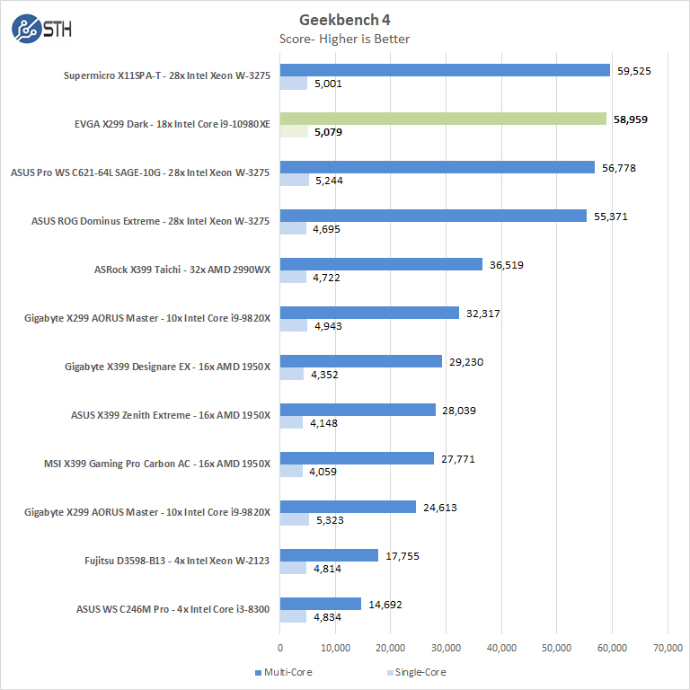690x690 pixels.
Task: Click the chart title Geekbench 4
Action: pos(345,20)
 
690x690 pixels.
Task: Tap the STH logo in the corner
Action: pos(41,29)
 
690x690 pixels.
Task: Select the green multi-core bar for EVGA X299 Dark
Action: pos(443,119)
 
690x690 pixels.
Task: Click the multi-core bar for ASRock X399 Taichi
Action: pos(381,264)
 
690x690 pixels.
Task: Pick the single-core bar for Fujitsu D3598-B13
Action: pos(293,569)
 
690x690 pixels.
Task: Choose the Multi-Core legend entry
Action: pos(283,672)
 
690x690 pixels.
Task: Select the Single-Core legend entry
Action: pos(414,672)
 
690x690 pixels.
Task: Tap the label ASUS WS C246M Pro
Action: pos(173,610)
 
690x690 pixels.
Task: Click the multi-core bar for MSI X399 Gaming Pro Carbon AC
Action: pos(357,458)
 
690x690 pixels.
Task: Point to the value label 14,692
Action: pos(385,604)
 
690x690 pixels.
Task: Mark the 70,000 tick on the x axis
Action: pos(667,647)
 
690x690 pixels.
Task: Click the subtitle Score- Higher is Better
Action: pos(345,39)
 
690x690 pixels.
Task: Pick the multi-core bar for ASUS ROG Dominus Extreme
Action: pos(433,216)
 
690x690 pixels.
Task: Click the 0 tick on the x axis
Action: pos(280,647)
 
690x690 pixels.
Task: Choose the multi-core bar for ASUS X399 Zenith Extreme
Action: pos(358,410)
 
